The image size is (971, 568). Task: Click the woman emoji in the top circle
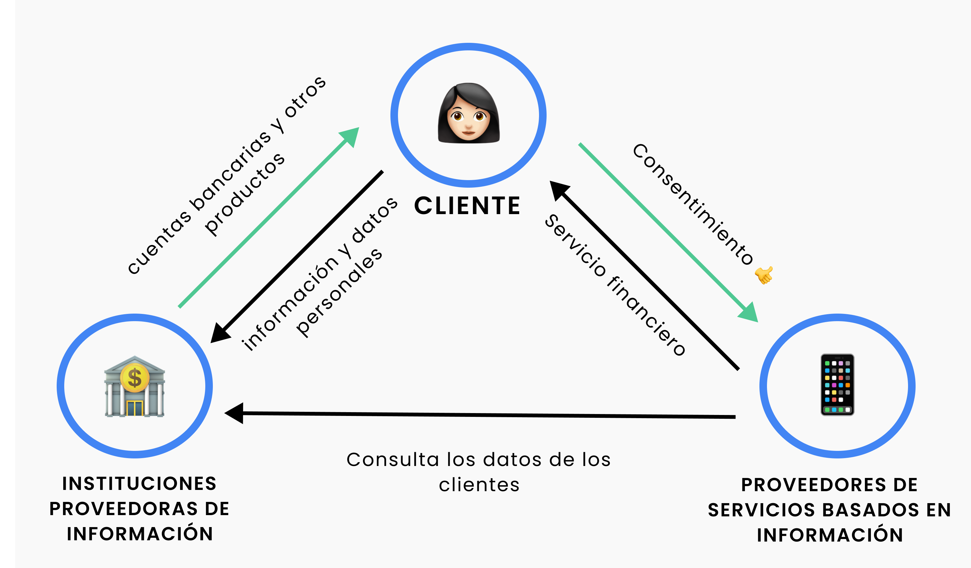pos(468,113)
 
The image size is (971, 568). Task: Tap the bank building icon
pos(134,387)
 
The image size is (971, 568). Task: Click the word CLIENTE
pos(467,206)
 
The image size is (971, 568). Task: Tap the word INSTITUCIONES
pos(139,484)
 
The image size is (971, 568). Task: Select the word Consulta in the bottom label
pos(393,460)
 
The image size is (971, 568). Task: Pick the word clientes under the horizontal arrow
pos(479,485)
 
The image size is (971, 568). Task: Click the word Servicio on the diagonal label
pos(575,246)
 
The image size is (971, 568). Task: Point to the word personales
pos(339,293)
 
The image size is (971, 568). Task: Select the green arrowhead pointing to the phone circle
pos(749,313)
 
